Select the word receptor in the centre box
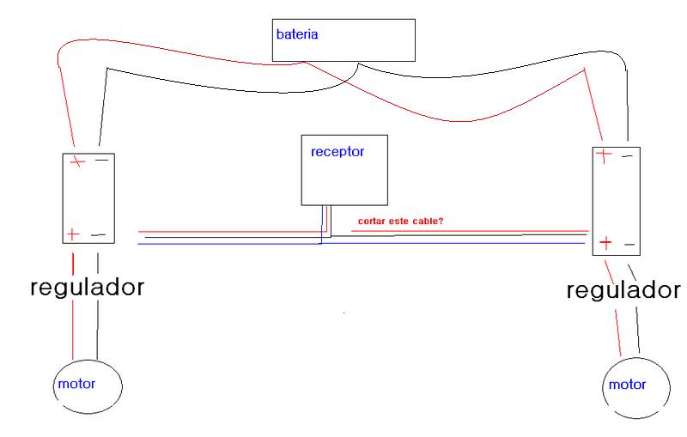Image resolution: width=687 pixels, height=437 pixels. [337, 151]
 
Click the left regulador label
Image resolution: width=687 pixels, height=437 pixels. [87, 287]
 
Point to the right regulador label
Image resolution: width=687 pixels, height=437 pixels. [624, 290]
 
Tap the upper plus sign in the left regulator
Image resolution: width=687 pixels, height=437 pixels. [78, 161]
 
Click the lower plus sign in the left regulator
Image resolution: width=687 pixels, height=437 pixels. [73, 233]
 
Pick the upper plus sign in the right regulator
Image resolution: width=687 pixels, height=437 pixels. [605, 155]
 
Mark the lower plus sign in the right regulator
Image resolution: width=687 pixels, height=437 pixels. [605, 244]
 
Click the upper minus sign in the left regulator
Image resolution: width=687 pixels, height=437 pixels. [101, 160]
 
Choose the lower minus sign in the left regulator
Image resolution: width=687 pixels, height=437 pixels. [98, 234]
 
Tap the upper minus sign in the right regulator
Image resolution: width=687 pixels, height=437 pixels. [628, 156]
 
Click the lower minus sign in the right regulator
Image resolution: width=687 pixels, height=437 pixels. [629, 245]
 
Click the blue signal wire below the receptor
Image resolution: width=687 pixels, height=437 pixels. [232, 244]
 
